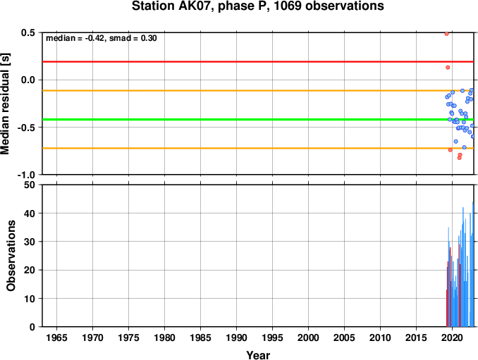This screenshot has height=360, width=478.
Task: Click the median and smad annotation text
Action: coord(102,38)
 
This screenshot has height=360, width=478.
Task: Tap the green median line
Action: coord(258,119)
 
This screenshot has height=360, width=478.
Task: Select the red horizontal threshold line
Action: coord(258,62)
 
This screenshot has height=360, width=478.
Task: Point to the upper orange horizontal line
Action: coord(258,91)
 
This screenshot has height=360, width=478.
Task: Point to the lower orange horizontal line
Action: coord(258,149)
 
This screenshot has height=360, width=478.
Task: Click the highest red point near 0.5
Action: coord(446,34)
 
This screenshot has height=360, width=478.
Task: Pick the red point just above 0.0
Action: coord(448,68)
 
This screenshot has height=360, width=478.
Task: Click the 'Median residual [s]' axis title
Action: coord(5,104)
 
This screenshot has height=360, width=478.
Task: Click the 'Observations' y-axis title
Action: coord(11,256)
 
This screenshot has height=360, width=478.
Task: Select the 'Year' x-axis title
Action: coord(258,355)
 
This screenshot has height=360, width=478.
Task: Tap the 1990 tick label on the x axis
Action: coord(237,337)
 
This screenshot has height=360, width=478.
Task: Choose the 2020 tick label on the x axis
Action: coord(453,337)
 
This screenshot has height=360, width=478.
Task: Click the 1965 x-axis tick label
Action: coord(56,337)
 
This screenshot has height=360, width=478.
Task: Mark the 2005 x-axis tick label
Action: coord(345,337)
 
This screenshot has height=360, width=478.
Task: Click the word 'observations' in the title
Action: coord(345,6)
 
